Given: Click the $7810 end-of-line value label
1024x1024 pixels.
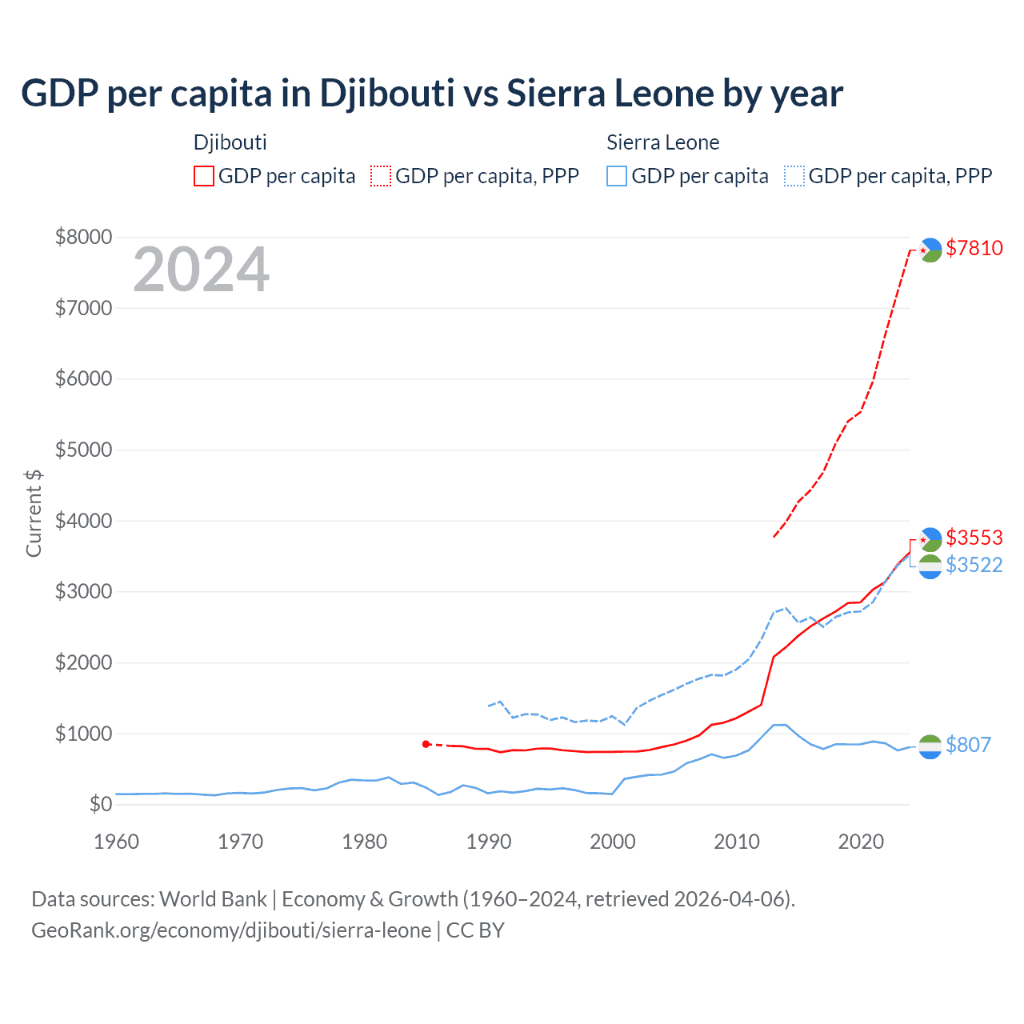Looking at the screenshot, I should tap(974, 248).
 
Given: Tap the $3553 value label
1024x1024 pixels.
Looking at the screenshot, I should tap(974, 538).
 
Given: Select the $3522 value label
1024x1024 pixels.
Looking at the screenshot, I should tap(974, 565).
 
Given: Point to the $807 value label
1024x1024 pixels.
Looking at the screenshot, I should tap(968, 745).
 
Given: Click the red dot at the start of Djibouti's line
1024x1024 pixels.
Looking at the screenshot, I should tap(426, 744).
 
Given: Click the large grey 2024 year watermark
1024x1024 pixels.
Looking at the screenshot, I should tap(201, 270).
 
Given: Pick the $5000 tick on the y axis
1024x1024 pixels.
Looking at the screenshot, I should tap(83, 450).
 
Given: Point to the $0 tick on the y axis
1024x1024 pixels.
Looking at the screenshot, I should tap(100, 804).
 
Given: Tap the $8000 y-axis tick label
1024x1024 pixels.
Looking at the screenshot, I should tap(83, 237).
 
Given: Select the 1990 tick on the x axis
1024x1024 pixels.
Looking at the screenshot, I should tap(488, 842).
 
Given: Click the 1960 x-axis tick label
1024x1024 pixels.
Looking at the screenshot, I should tap(117, 842).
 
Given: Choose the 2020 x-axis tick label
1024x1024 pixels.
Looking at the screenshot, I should tap(861, 842).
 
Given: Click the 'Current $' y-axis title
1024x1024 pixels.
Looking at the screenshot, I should tap(34, 514).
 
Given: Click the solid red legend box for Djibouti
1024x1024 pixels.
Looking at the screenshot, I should tap(204, 176).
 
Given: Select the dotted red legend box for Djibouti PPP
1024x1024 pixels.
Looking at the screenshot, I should tap(382, 176).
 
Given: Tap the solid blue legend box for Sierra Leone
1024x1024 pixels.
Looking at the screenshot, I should tap(617, 176).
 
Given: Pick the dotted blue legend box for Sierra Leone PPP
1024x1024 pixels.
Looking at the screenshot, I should tap(794, 176).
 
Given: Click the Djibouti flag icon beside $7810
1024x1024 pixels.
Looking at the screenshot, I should tap(930, 250).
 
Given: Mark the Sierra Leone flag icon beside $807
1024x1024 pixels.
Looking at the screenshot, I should tap(930, 746).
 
